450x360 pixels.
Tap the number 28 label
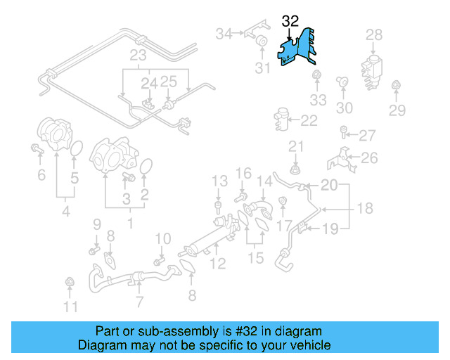(x=374, y=34)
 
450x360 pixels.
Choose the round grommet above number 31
(x=260, y=39)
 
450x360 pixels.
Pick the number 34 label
(x=224, y=34)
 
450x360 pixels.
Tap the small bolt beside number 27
(x=343, y=131)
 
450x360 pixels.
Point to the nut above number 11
(x=70, y=283)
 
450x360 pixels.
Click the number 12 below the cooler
(x=219, y=264)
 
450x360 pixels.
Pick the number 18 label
(x=364, y=209)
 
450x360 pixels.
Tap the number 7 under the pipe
(x=139, y=302)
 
